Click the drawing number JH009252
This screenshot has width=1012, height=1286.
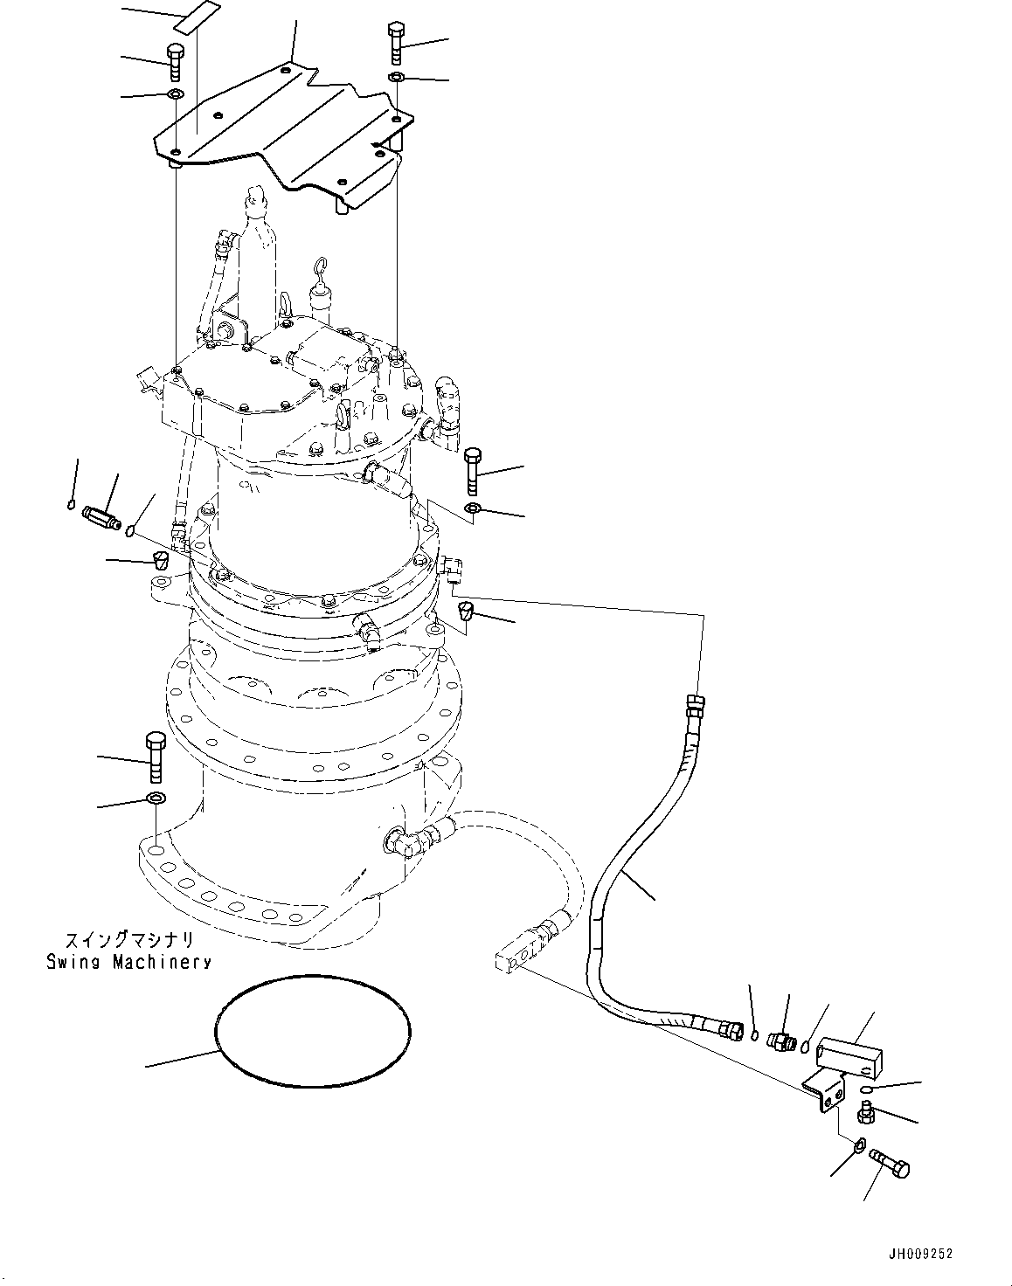920,1254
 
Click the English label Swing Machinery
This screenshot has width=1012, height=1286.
129,962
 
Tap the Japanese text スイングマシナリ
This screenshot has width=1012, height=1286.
129,942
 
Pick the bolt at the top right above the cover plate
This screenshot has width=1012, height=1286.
395,41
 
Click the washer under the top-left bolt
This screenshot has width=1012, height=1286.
175,94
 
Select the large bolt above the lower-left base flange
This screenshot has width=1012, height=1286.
155,756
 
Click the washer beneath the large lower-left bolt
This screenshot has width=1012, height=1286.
156,798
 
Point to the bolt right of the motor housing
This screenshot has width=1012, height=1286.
472,471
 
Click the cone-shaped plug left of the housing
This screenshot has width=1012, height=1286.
160,559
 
